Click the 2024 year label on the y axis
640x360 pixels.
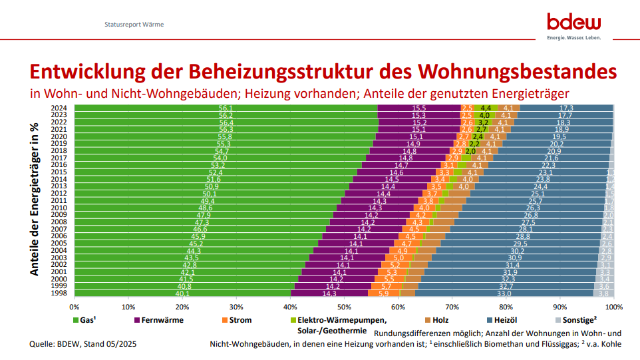click(59, 108)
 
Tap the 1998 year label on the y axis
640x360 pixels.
click(59, 293)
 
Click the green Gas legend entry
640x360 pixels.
click(84, 320)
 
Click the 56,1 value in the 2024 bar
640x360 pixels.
click(226, 108)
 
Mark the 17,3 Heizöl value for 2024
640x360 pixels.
click(566, 108)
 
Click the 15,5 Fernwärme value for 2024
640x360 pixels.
click(418, 108)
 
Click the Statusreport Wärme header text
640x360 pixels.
click(134, 25)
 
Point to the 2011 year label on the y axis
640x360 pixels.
click(59, 200)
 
